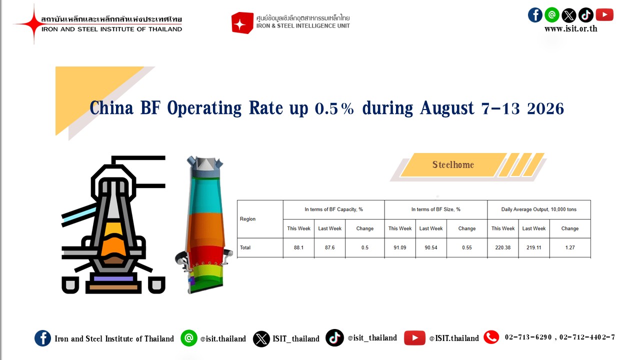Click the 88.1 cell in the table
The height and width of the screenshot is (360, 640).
tap(298, 247)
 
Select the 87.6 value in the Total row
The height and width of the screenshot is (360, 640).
tap(329, 247)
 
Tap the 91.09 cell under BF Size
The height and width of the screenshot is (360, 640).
tap(399, 247)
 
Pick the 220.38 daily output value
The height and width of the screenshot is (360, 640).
tap(503, 247)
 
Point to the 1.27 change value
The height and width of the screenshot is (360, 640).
tap(569, 247)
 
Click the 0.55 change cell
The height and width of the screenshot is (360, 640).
tap(467, 247)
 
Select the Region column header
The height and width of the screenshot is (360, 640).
tap(247, 219)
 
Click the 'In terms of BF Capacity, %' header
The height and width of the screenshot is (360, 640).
tap(333, 209)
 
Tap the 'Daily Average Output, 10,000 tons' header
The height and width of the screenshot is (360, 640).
tap(539, 209)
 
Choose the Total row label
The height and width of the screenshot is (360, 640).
tap(245, 247)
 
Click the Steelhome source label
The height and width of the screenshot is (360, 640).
tap(453, 165)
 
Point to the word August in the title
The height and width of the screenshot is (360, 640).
tap(446, 108)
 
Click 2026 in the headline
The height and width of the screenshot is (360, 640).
tap(545, 108)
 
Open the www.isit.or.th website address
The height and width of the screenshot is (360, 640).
tap(571, 29)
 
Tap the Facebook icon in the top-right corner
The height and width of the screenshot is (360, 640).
tap(535, 15)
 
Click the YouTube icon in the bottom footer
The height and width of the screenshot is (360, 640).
tap(414, 338)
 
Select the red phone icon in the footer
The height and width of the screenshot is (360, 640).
tap(491, 337)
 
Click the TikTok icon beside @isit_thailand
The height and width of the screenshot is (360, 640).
tap(334, 337)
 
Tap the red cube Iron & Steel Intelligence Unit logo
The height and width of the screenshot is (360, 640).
tap(242, 23)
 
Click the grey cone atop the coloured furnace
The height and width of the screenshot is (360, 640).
tap(205, 164)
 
